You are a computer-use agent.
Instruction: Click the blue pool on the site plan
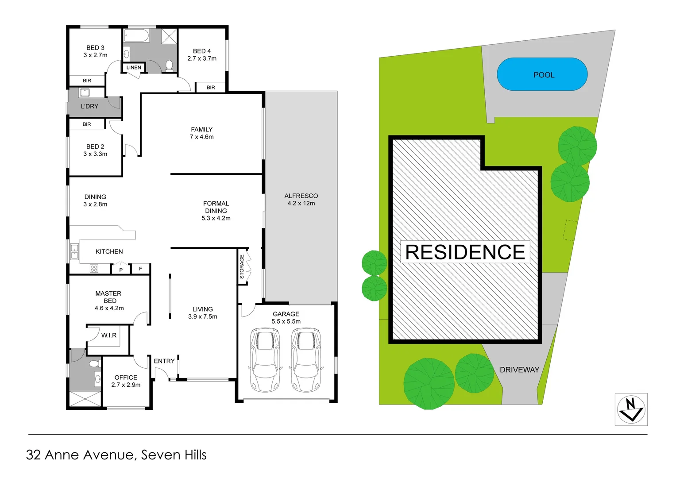point(542,74)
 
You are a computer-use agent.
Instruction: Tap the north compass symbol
point(631,409)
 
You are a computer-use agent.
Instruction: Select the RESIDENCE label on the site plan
point(465,252)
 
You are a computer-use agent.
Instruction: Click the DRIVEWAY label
point(519,370)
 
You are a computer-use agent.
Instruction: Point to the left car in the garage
point(265,359)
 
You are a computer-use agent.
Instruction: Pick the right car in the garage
point(306,359)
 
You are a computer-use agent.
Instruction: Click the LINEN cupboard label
point(134,68)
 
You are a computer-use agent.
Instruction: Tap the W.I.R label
point(109,335)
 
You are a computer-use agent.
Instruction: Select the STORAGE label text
point(242,266)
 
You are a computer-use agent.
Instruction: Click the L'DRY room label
point(89,106)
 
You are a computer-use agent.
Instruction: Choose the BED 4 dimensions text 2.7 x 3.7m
point(202,58)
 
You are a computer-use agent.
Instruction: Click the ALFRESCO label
point(301,196)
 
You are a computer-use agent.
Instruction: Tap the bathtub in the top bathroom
point(137,35)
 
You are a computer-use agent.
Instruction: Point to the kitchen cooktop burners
point(94,268)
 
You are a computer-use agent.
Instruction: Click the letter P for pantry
point(121,270)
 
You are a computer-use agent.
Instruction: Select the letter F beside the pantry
point(141,269)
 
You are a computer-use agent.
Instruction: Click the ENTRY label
point(164,361)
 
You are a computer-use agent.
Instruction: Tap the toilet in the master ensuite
point(94,364)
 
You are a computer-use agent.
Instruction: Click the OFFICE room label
point(126,378)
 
